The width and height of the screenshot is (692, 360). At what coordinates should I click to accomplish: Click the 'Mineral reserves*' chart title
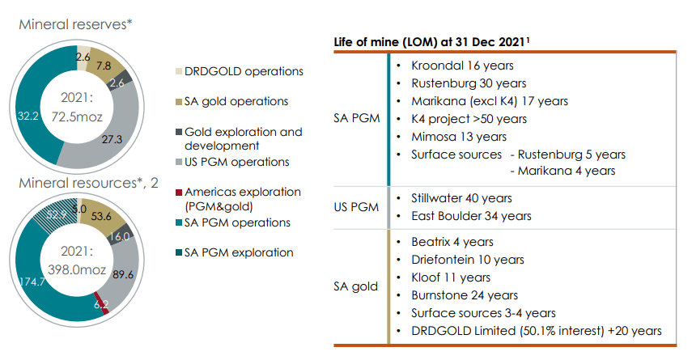[x=75, y=25]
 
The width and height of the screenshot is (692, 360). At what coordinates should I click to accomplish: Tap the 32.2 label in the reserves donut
[x=27, y=116]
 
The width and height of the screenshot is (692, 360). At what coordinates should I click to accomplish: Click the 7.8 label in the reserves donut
[x=104, y=66]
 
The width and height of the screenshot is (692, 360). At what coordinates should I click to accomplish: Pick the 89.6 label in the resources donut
[x=124, y=273]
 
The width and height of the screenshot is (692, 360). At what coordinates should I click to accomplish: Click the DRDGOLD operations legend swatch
[x=178, y=71]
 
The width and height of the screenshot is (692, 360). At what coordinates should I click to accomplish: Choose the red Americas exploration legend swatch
[x=178, y=193]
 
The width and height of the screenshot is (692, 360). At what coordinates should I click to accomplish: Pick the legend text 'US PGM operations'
[x=236, y=162]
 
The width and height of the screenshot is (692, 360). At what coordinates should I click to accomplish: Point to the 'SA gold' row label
[x=357, y=286]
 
